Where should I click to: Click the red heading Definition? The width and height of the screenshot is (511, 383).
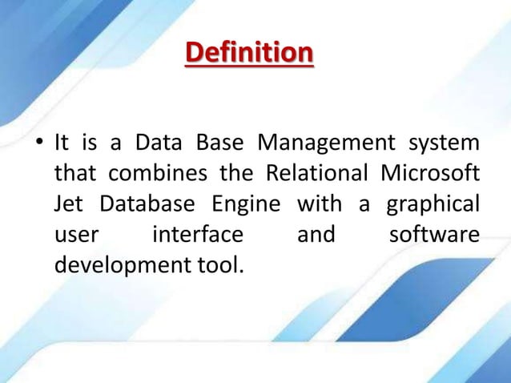[248, 55]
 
